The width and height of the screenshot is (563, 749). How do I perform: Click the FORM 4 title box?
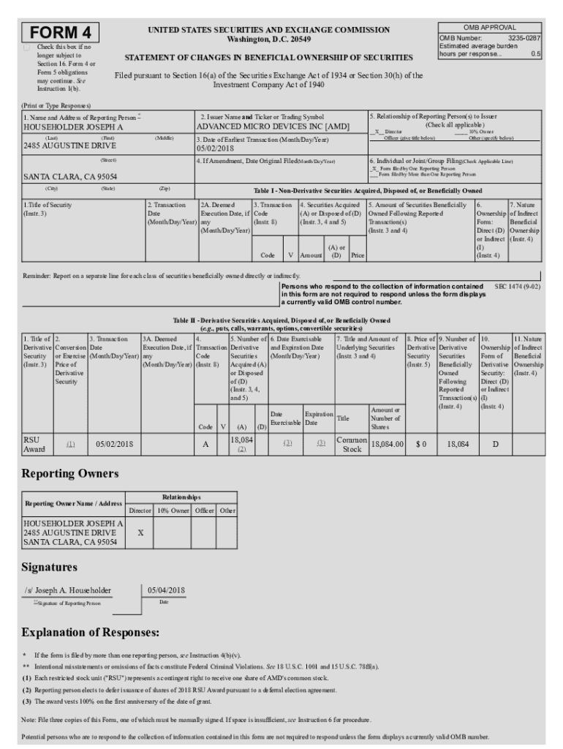point(61,33)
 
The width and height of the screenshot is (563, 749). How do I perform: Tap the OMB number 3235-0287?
point(524,37)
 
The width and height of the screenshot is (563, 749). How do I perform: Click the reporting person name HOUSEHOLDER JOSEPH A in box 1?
point(73,127)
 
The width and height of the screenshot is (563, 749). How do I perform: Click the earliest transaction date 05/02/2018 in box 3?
point(214,148)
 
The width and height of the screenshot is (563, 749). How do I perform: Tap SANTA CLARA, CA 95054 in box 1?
point(70,176)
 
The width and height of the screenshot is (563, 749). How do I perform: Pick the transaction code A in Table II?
point(205,444)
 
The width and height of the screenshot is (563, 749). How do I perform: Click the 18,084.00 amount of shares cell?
point(387,444)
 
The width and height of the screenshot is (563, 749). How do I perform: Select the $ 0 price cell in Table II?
point(420,444)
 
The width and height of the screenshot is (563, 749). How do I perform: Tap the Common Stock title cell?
point(352,444)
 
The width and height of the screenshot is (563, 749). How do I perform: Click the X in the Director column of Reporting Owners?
point(140,533)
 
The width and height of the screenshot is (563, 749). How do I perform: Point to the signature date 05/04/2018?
point(166,590)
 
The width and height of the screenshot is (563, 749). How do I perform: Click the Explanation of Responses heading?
point(91,632)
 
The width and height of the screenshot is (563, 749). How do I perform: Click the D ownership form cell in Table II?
point(495,444)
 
